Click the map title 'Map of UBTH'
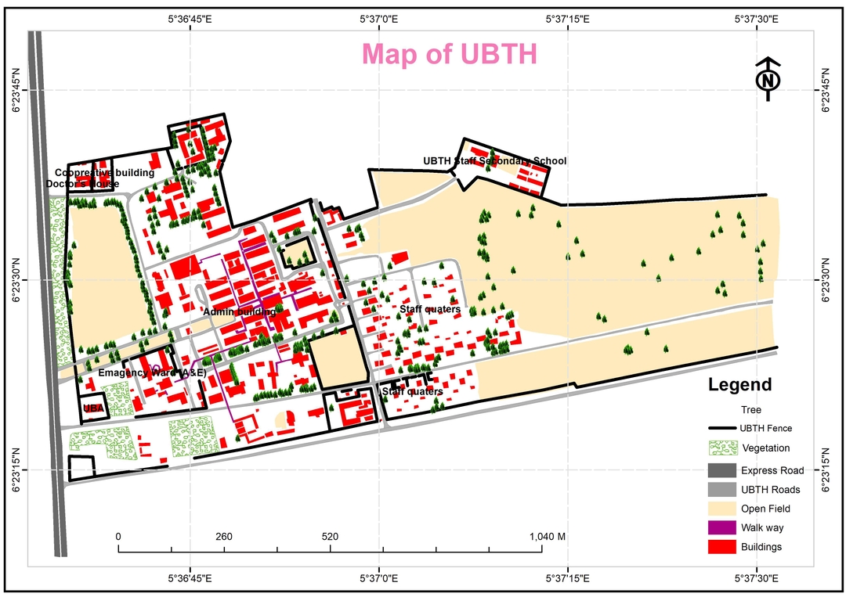[x=449, y=55]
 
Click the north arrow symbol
[x=768, y=80]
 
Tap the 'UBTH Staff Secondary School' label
[x=494, y=161]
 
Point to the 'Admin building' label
[x=239, y=312]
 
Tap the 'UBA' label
[x=93, y=408]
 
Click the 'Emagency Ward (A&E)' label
[x=152, y=373]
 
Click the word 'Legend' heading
[x=739, y=385]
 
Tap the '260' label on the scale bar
[x=224, y=538]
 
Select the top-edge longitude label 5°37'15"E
[x=568, y=18]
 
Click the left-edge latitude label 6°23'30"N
[x=18, y=280]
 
